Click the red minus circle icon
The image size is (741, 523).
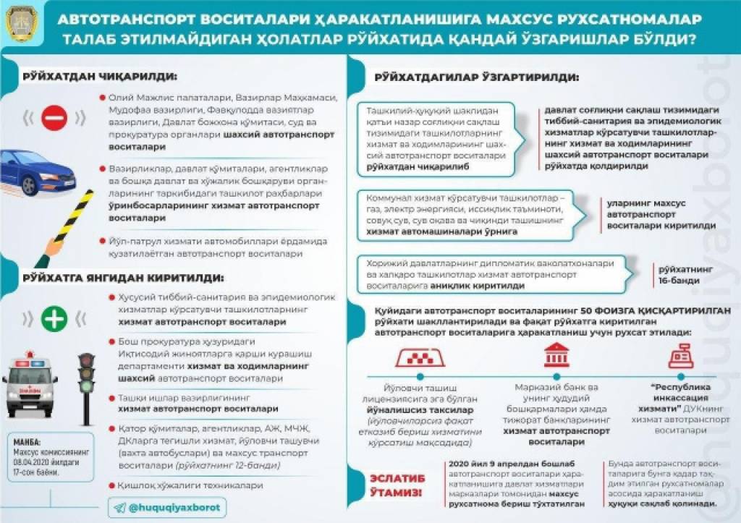point(54,117)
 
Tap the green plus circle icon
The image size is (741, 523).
point(54,318)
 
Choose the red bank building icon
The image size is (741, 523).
point(556,356)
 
